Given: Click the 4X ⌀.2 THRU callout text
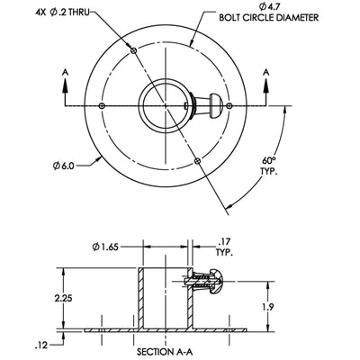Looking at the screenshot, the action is click(62, 13).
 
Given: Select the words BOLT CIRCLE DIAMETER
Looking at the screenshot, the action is click(269, 17).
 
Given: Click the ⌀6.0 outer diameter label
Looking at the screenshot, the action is click(63, 166).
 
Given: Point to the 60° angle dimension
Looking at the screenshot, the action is click(268, 159).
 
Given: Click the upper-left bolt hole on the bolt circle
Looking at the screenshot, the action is click(134, 50).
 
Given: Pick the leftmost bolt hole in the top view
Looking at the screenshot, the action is click(102, 105).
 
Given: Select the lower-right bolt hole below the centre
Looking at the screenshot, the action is click(197, 161).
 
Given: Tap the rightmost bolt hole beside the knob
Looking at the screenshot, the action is click(229, 105).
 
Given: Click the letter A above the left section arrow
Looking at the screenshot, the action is click(65, 72).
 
